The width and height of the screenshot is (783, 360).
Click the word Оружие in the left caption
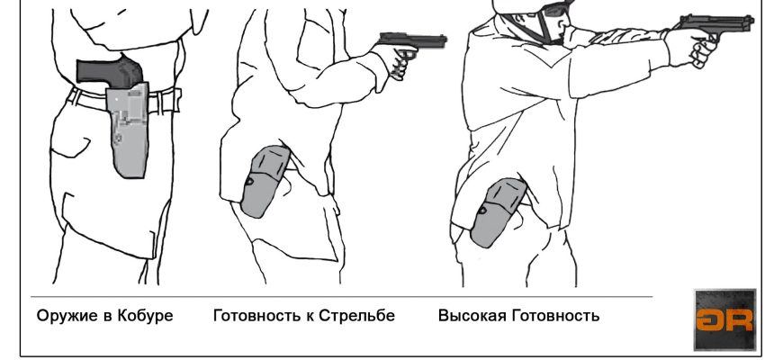tap(67, 317)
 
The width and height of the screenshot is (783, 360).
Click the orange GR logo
tap(724, 319)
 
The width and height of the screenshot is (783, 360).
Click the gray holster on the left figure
tap(128, 130)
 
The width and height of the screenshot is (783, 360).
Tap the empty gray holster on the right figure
tap(497, 212)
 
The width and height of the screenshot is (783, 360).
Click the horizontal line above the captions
tap(342, 297)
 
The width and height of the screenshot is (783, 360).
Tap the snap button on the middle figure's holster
tap(249, 181)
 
